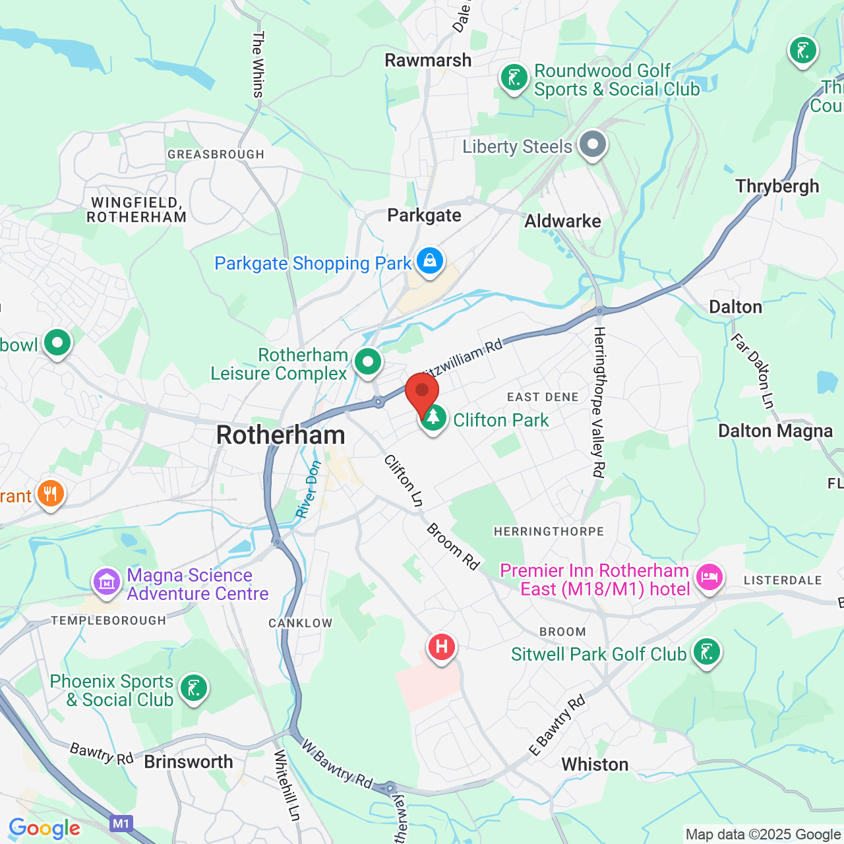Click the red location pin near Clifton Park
tap(422, 394)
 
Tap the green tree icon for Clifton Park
tap(433, 418)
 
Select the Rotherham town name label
tap(281, 435)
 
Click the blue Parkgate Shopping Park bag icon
tap(430, 261)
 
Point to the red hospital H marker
tap(442, 647)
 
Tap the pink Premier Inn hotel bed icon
tap(709, 578)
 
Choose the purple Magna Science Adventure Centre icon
tap(107, 582)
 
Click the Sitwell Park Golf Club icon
tap(706, 652)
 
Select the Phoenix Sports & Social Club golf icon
tap(193, 688)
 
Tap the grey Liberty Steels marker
tap(592, 144)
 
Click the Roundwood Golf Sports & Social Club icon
tap(514, 78)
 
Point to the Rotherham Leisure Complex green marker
tap(368, 361)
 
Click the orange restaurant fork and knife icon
tap(50, 494)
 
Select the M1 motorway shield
tap(121, 824)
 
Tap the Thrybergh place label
tap(777, 187)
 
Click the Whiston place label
tap(595, 764)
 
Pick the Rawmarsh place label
tap(428, 61)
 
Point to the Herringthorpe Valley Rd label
tap(599, 402)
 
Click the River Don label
tap(309, 489)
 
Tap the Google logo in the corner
tap(45, 828)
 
